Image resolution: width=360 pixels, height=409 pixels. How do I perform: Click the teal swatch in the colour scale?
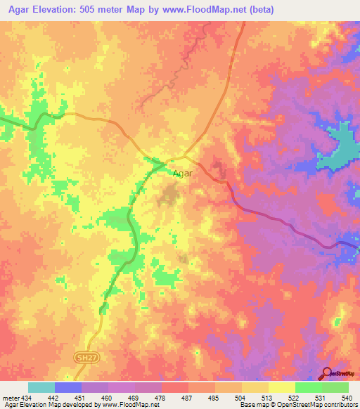coord(41,387)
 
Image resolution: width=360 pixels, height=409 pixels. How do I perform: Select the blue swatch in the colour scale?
coord(68,387)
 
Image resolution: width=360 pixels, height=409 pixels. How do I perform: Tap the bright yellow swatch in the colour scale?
coord(281,387)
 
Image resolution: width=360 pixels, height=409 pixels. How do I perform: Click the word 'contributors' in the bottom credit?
coord(340,404)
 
